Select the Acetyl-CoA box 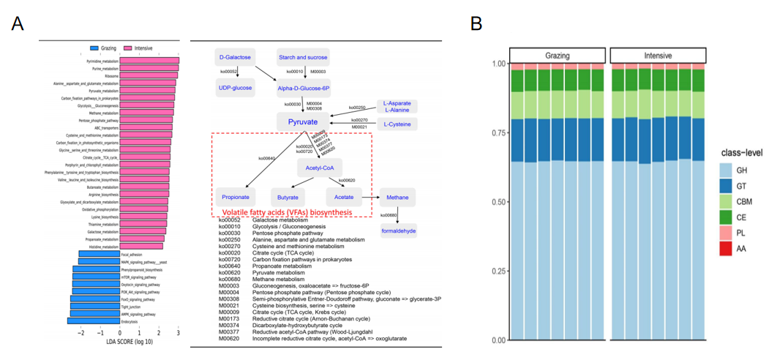coord(319,168)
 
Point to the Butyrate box coord(289,197)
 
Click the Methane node coord(397,197)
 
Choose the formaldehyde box coord(398,230)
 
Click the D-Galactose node coord(235,56)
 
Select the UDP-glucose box coord(235,88)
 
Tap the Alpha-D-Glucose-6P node coord(304,88)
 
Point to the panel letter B coord(476,23)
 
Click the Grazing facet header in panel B coord(558,55)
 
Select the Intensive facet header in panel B coord(657,55)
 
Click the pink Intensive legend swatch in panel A coord(127,48)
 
